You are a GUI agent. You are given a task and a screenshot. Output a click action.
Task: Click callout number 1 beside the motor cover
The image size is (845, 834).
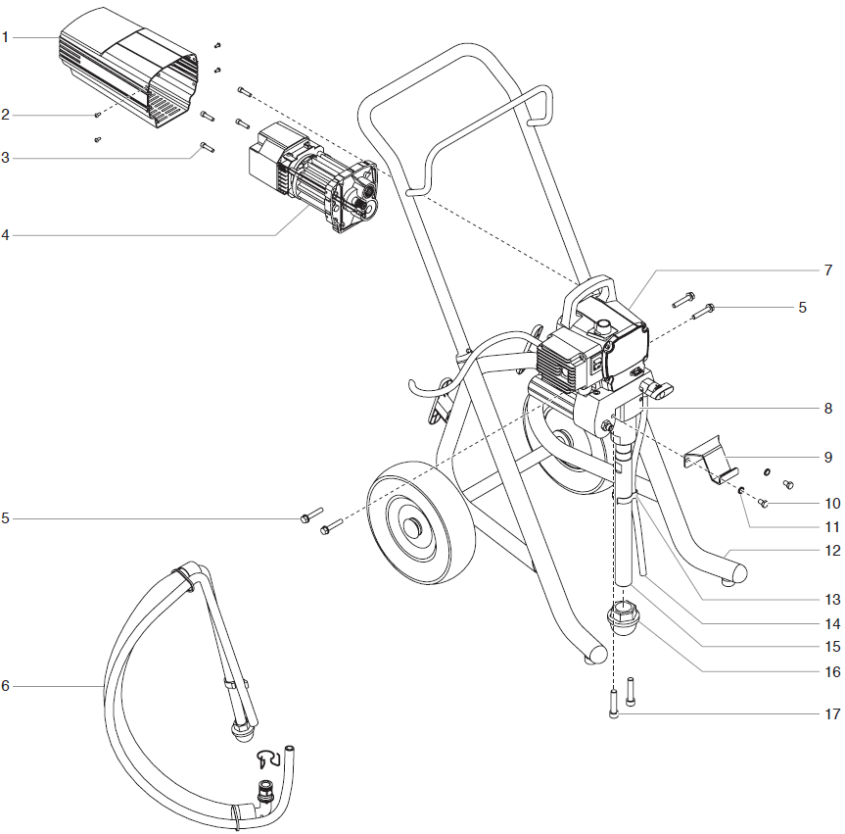click(x=5, y=37)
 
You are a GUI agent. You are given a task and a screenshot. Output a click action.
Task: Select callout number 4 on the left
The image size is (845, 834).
click(x=5, y=235)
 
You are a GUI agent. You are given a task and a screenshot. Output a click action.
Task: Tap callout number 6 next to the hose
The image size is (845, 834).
click(x=5, y=686)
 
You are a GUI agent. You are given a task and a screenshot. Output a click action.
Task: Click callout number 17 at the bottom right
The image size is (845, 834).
click(x=831, y=714)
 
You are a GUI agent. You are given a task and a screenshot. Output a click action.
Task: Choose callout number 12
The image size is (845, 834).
click(x=831, y=551)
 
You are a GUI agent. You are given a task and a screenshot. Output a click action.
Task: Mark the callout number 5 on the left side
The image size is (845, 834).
click(x=5, y=517)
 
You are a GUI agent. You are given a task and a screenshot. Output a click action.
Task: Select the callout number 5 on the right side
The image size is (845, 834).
click(x=802, y=307)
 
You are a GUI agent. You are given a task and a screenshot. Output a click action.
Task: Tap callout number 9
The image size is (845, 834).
click(x=827, y=457)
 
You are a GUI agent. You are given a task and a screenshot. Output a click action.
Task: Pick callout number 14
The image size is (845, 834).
click(x=831, y=622)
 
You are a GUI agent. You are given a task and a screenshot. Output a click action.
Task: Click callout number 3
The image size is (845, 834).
click(x=5, y=157)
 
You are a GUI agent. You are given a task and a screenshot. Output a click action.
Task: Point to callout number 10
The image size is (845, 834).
click(x=831, y=504)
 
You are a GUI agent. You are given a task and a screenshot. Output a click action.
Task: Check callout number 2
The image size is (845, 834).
click(x=5, y=115)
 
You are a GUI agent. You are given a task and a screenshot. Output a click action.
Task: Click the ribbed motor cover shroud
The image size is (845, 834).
click(x=127, y=69)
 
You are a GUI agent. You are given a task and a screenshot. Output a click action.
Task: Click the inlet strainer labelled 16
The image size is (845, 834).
click(x=623, y=619)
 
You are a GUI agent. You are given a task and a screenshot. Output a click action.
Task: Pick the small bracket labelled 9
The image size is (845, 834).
click(x=710, y=460)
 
